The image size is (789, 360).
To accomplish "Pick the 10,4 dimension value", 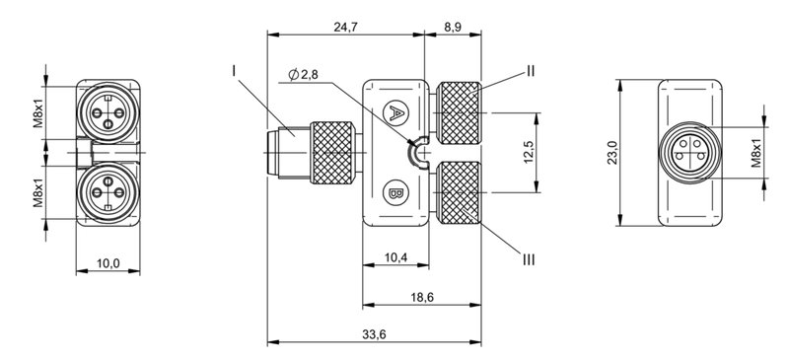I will (394, 257).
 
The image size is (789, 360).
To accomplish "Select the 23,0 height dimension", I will (611, 155).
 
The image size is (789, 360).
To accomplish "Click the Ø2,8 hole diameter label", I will (304, 76).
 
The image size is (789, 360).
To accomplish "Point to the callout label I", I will (235, 70).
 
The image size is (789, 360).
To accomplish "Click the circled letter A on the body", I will (394, 113).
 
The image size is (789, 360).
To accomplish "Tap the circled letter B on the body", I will (394, 190).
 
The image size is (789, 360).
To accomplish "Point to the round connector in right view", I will (683, 153).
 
